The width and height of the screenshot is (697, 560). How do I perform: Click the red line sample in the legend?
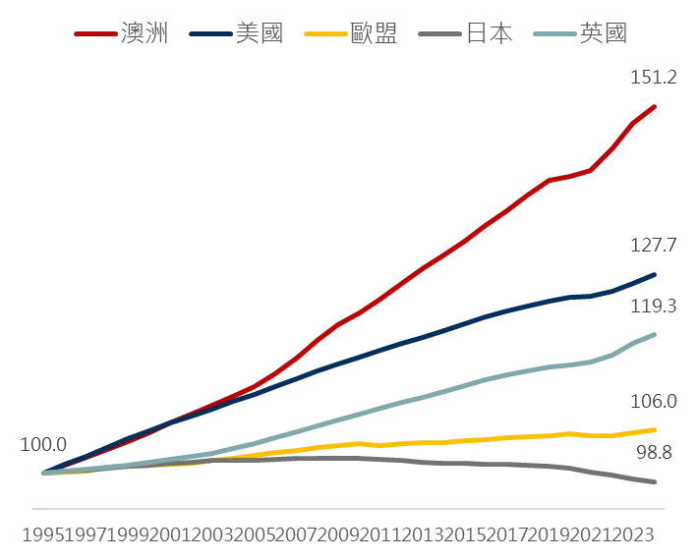93,35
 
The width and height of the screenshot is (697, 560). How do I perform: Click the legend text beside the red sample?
145,31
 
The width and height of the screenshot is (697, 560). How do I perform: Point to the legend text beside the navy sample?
262,31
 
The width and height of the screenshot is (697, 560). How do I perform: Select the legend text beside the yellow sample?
377,31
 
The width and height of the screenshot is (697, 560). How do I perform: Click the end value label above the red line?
653,75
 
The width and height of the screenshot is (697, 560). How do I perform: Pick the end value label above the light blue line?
653,308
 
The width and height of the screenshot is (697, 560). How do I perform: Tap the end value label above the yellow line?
653,401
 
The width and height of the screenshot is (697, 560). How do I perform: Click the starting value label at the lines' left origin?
40,444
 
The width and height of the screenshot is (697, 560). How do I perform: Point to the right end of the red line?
657,105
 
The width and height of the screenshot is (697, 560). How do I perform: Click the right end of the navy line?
657,274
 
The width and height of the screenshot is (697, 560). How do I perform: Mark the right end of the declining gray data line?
655,481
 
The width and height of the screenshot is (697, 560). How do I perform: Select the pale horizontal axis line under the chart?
349,507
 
